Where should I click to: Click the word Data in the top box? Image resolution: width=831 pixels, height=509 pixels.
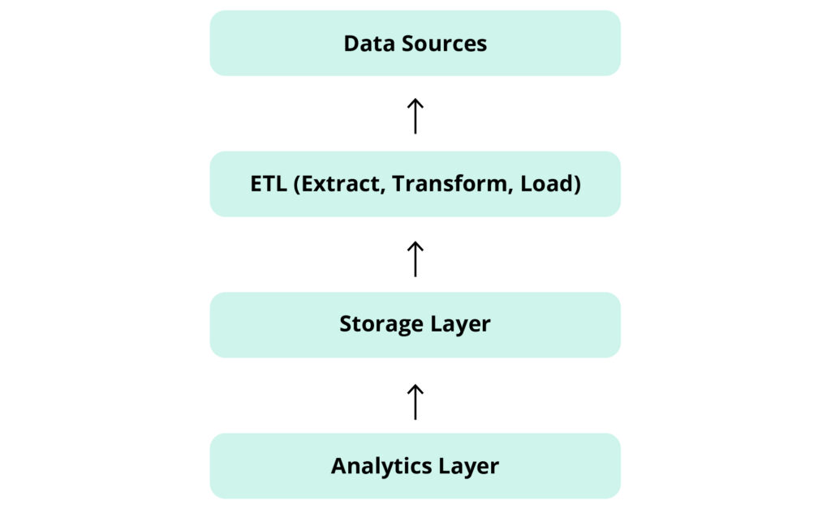364,43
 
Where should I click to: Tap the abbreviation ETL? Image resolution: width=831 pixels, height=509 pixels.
268,184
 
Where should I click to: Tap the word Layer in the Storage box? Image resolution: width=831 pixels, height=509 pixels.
460,325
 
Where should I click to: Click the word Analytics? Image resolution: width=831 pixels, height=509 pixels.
381,466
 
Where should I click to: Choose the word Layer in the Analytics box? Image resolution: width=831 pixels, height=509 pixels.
469,466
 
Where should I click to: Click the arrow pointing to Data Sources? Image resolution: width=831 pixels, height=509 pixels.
415,116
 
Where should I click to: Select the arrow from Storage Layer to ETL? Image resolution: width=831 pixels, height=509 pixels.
415,259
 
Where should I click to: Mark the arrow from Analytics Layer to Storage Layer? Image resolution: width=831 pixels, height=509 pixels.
415,401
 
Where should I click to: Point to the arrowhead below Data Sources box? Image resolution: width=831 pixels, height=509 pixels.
415,102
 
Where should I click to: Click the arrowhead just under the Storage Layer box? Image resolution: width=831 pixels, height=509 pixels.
415,387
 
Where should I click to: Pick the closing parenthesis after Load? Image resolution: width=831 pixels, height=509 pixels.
576,185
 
